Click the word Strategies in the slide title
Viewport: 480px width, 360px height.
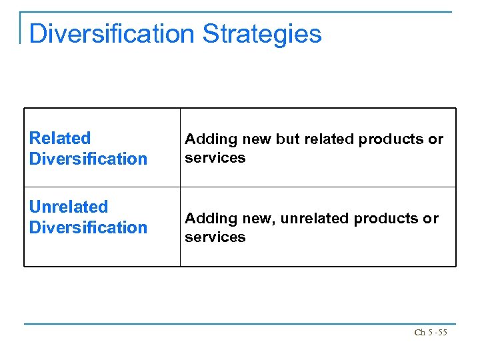click(262, 33)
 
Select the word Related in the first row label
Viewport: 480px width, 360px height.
click(60, 138)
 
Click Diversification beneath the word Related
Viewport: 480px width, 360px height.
click(88, 159)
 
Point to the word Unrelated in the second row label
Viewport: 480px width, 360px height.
click(68, 207)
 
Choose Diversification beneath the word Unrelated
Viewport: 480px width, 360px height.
click(88, 227)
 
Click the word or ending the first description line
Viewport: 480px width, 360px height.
click(435, 139)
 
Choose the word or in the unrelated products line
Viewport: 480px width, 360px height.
click(431, 219)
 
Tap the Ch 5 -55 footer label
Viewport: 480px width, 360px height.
click(430, 332)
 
